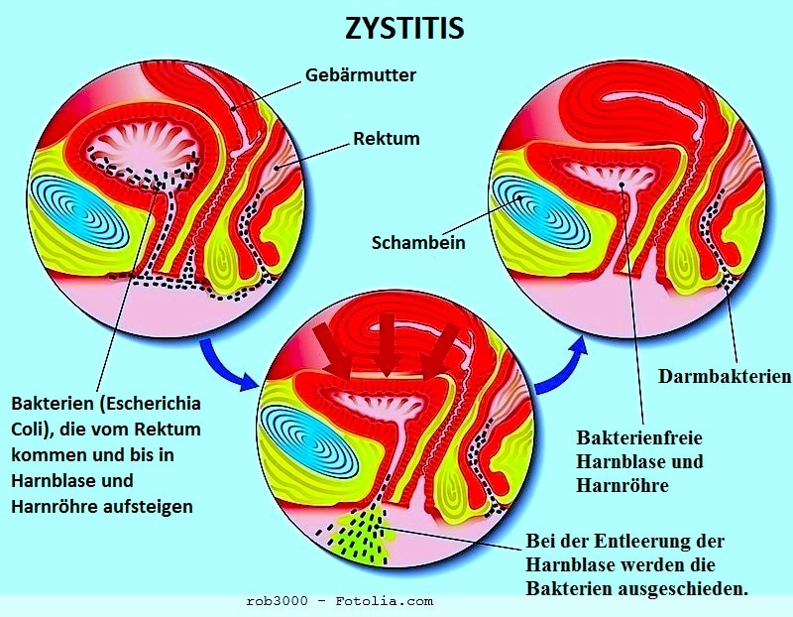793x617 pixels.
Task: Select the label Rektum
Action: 386,139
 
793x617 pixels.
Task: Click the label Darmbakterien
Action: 725,376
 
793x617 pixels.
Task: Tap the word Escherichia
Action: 148,405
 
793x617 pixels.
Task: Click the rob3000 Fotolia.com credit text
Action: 339,602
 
